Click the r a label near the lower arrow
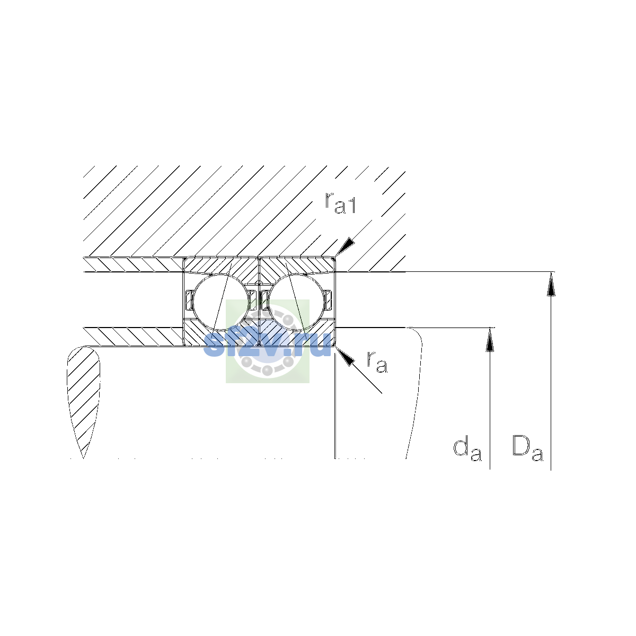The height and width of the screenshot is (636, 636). [x=377, y=362]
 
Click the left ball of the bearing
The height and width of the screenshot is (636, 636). [x=221, y=302]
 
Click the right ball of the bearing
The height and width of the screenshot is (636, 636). [x=297, y=302]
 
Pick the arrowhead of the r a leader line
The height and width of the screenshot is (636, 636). [x=344, y=357]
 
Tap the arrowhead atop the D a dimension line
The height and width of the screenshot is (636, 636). [x=551, y=284]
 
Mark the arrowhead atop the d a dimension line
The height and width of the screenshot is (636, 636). [x=490, y=340]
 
